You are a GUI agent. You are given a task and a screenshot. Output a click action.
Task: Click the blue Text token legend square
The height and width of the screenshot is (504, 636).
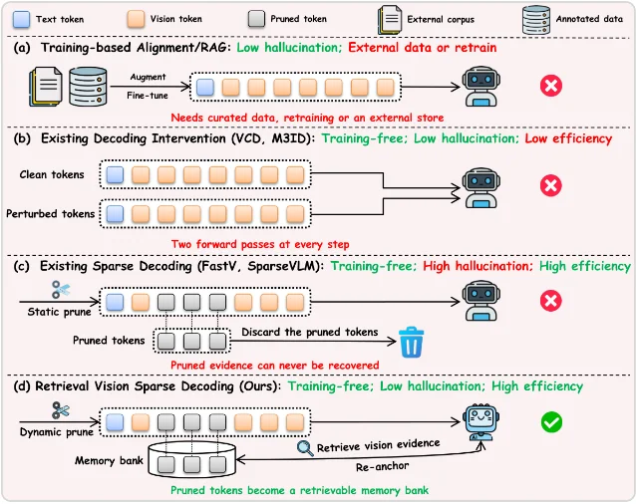(x=21, y=20)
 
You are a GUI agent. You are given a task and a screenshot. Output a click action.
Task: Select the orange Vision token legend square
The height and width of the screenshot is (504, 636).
(x=136, y=20)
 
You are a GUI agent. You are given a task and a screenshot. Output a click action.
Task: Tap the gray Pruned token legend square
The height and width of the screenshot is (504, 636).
(x=256, y=20)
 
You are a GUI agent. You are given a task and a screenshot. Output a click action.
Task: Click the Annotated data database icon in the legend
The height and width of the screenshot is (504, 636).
(x=536, y=20)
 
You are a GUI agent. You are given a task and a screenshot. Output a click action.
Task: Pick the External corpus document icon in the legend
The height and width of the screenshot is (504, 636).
(x=390, y=20)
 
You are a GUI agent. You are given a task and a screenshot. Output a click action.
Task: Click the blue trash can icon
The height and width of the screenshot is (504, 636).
(x=412, y=343)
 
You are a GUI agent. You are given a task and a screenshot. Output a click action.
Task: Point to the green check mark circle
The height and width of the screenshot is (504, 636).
(x=551, y=422)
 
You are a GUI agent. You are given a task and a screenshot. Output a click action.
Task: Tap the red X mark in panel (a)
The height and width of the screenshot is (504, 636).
(x=551, y=86)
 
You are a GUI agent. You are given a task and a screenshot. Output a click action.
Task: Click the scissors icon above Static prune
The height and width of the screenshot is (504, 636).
(x=61, y=290)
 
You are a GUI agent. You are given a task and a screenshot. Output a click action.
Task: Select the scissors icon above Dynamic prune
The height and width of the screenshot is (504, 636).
(x=61, y=410)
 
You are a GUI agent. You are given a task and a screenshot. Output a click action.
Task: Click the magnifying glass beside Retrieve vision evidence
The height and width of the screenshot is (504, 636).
(x=305, y=448)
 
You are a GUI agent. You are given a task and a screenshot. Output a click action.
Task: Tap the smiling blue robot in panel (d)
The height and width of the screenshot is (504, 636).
(x=481, y=421)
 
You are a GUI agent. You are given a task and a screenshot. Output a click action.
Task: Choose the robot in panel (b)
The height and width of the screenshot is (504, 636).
(x=481, y=188)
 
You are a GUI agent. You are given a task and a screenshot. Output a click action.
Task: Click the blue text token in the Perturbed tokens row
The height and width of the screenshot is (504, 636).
(x=115, y=214)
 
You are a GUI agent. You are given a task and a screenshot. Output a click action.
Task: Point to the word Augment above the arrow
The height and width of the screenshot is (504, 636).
(x=149, y=77)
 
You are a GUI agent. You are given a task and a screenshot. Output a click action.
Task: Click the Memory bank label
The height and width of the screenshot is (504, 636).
(x=109, y=460)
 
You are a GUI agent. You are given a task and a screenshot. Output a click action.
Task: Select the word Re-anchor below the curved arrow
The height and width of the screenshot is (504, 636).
(x=382, y=467)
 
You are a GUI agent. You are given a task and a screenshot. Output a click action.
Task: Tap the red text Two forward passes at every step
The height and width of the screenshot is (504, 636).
(x=260, y=244)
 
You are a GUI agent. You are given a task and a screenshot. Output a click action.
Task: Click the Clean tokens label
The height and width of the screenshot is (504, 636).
(x=52, y=174)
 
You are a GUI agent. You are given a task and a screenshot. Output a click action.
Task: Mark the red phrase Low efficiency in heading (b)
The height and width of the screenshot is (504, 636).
(x=568, y=138)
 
